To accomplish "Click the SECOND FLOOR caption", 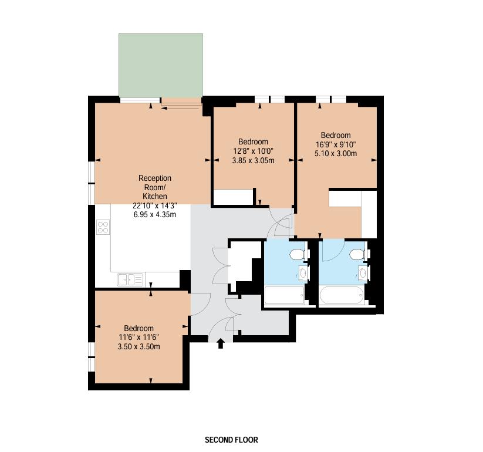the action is tap(231, 440).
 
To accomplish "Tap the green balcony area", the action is tap(161, 65).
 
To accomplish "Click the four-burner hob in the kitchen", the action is tap(103, 227).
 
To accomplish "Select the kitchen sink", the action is tap(130, 280).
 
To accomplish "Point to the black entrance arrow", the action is tap(221, 343).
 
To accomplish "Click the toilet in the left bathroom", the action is tap(299, 254).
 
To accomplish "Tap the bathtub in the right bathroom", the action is tap(342, 295).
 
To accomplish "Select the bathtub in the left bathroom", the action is tap(285, 295).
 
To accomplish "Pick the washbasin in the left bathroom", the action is tap(303, 272).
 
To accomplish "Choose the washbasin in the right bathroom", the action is tap(363, 272).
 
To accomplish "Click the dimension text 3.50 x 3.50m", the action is tap(139, 346).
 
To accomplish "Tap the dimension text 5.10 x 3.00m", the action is tap(336, 153).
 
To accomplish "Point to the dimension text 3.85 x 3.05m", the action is tap(253, 160).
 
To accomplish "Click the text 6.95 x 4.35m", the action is tap(154, 214).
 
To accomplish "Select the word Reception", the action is tap(154, 178).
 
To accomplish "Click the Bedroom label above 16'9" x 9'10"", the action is tap(336, 135).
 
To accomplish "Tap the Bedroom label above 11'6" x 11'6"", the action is tap(139, 328).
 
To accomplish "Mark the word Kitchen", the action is tap(154, 196).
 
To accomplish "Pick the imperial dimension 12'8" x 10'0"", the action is tap(253, 151).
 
